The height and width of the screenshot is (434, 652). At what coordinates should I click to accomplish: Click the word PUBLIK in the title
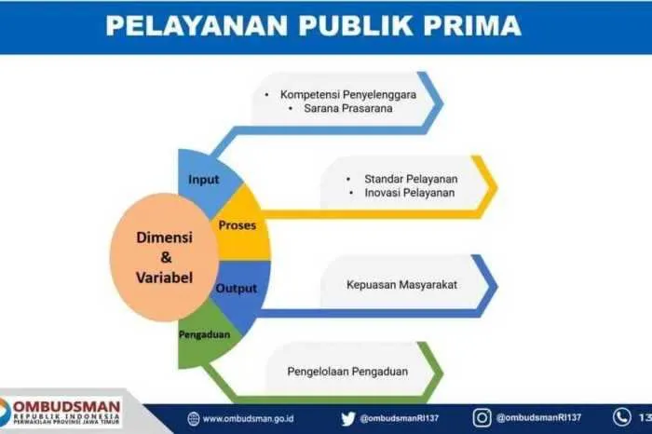click(356, 25)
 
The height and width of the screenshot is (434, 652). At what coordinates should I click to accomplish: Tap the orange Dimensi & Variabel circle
click(164, 257)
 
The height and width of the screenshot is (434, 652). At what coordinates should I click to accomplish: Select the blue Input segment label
click(203, 180)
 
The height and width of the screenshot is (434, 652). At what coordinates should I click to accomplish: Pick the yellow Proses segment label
click(237, 225)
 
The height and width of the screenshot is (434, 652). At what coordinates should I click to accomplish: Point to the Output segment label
click(237, 288)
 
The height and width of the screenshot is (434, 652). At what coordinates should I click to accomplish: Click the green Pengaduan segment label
click(204, 334)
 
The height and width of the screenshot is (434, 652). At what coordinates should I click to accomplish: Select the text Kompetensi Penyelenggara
click(348, 94)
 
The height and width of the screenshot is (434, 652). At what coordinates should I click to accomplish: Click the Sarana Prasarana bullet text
click(348, 108)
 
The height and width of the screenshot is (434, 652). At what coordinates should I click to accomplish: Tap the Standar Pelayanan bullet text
click(411, 179)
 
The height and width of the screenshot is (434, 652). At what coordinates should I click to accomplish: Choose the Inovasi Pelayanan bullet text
click(410, 193)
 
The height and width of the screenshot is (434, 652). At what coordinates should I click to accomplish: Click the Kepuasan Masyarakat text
click(401, 285)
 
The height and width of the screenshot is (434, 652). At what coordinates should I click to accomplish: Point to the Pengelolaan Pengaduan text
click(347, 372)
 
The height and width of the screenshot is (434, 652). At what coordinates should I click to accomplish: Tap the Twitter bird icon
click(348, 418)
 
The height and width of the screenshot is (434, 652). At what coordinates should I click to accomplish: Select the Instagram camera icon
click(482, 418)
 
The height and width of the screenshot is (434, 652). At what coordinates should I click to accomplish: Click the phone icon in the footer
click(621, 417)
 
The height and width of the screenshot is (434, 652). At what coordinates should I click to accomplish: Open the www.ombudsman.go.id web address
click(249, 418)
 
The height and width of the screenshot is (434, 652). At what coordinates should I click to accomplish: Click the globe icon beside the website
click(194, 419)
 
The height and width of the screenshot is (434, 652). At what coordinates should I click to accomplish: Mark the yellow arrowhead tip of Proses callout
click(497, 187)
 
